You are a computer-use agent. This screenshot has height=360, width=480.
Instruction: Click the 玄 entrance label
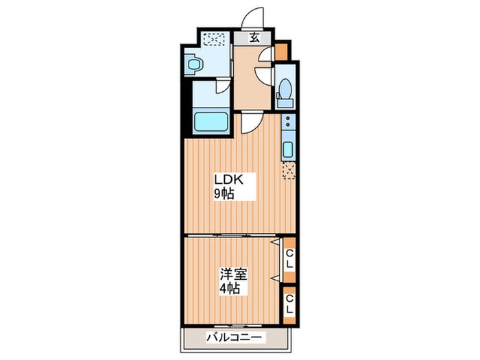tap(254, 38)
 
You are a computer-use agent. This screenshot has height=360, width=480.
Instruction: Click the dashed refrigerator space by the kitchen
tap(289, 169)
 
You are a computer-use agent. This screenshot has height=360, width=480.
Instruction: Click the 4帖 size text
tap(230, 289)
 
